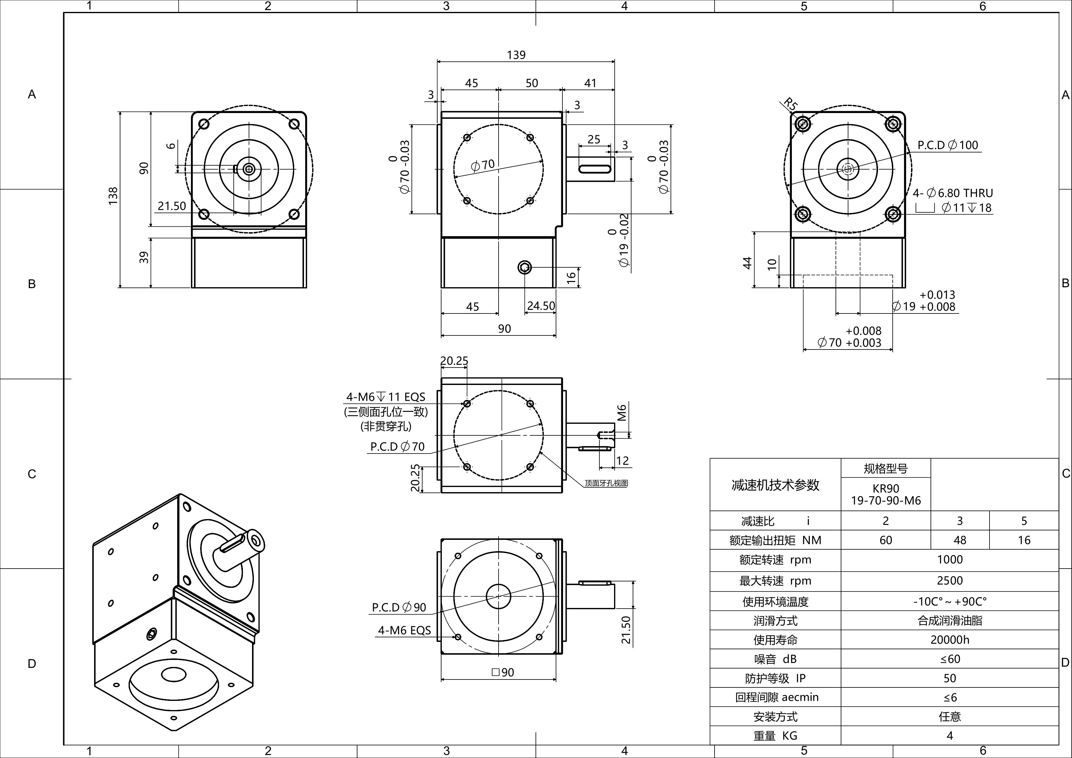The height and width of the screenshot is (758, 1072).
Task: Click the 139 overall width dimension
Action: tap(516, 55)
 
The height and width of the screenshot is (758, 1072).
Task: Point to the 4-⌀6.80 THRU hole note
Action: tap(953, 193)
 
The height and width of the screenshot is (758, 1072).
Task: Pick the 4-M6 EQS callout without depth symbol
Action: tap(404, 631)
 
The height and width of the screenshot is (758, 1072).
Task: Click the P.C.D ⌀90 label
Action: tap(399, 607)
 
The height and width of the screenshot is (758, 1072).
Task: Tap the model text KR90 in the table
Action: tap(885, 489)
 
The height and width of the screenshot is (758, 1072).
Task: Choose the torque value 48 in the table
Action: tap(960, 540)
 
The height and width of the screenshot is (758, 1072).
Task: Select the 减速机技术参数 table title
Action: tap(775, 485)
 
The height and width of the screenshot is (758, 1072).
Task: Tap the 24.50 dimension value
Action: tap(541, 306)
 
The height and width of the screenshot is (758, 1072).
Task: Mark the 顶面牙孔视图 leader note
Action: tap(606, 483)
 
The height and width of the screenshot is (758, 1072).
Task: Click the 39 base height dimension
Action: tap(144, 257)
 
